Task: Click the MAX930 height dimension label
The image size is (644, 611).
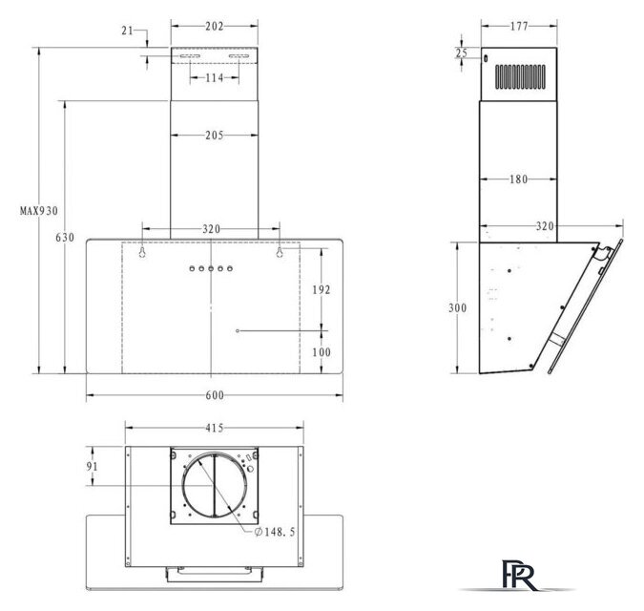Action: click(x=39, y=211)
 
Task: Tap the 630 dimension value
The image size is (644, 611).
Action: click(x=65, y=238)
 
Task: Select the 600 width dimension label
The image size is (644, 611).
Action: click(x=215, y=395)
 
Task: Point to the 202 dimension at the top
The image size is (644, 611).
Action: click(x=215, y=27)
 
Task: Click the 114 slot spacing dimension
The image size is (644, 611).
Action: click(x=215, y=77)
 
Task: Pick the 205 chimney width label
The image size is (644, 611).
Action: click(x=215, y=136)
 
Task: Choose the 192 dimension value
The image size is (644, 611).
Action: click(x=322, y=290)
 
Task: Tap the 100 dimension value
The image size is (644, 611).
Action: click(x=322, y=352)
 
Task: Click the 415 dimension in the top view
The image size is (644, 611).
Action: click(x=215, y=428)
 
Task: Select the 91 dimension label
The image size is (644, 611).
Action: click(x=92, y=467)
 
